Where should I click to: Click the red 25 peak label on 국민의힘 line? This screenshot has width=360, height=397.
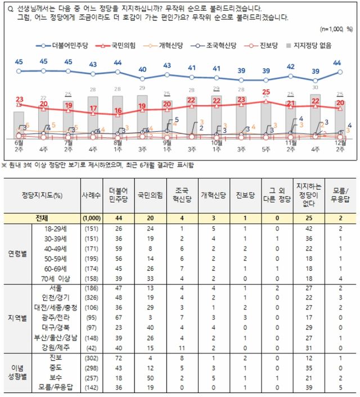click(x=267, y=92)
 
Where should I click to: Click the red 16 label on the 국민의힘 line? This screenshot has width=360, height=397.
click(x=117, y=110)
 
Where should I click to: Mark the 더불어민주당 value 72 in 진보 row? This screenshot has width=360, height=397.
click(x=119, y=358)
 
